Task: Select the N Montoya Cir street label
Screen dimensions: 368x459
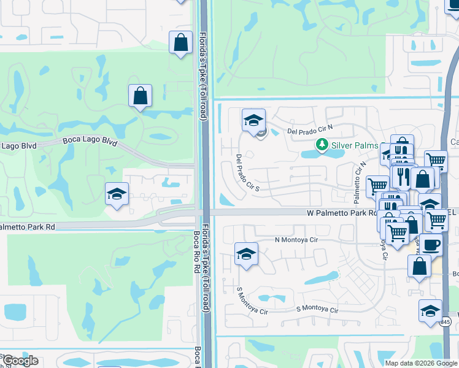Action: (x=296, y=240)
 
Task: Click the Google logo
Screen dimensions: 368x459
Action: (x=20, y=361)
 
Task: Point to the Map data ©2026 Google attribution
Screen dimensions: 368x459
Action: (x=421, y=363)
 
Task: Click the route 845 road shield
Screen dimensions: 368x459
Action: (x=445, y=321)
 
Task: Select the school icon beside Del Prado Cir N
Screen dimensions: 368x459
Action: (x=253, y=120)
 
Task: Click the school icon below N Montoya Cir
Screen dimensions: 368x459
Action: (x=246, y=253)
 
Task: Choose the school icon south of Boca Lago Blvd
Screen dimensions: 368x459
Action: (x=116, y=194)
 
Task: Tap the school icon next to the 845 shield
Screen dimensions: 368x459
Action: (x=430, y=310)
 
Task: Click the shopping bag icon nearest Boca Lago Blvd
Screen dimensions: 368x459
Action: (x=140, y=96)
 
